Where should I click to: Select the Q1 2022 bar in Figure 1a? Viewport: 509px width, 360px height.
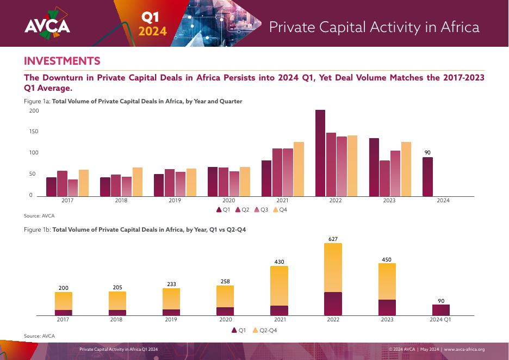(320, 153)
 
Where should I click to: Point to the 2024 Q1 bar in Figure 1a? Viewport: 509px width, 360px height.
(428, 176)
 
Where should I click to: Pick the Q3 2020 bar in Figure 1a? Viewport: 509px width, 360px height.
(234, 183)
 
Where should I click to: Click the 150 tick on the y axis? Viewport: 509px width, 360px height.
(34, 132)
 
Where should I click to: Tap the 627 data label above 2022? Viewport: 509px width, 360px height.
(333, 239)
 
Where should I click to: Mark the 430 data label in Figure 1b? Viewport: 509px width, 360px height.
(280, 262)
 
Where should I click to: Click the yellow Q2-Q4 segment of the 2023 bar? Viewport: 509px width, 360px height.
(387, 281)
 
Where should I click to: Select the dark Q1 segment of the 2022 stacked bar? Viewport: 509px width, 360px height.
(333, 303)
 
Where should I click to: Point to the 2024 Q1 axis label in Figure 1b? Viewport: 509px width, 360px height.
(440, 320)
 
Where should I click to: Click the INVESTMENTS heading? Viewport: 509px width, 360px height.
(62, 60)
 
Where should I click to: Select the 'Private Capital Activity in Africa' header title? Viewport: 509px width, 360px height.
(375, 27)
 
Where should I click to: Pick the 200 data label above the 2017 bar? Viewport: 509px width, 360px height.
(64, 288)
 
